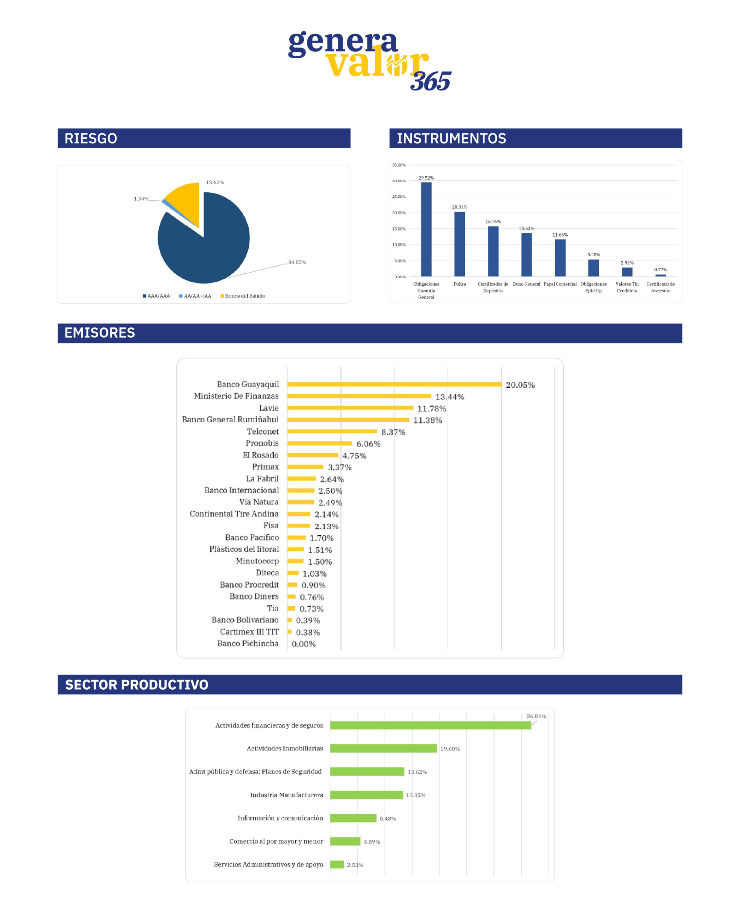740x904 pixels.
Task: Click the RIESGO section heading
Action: tap(90, 138)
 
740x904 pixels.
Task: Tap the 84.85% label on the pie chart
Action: tap(297, 262)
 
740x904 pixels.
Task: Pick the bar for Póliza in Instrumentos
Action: tap(460, 244)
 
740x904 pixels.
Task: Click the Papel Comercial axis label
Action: tap(560, 284)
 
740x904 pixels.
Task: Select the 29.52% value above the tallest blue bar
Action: tap(426, 178)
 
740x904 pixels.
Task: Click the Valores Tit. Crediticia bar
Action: tap(627, 272)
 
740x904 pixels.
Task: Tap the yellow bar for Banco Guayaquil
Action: tap(394, 385)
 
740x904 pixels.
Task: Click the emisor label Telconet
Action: tap(262, 431)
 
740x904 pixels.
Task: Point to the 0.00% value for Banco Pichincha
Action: tap(303, 644)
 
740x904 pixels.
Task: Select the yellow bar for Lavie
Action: tap(350, 408)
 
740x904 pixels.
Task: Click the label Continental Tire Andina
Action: tap(234, 513)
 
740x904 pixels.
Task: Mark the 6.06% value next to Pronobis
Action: tap(368, 444)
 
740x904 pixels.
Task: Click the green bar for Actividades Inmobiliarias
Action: tap(383, 748)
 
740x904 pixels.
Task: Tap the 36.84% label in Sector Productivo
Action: tap(536, 716)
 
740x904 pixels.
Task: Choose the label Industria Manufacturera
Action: tap(286, 795)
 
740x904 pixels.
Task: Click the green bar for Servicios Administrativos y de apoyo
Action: tap(337, 864)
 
